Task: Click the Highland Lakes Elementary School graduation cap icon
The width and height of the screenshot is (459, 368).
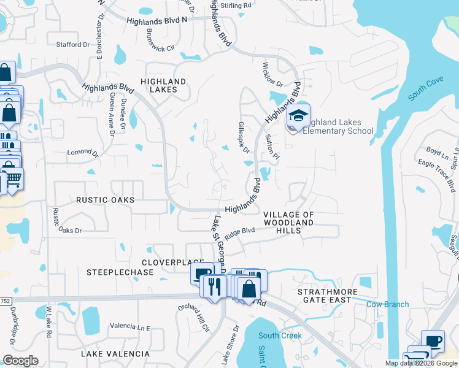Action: pos(298,116)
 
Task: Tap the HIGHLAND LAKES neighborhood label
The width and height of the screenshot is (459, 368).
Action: pos(163,85)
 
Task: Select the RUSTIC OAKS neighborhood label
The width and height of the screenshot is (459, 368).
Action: pos(105,200)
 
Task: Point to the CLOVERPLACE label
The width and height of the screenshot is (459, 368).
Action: pos(164,262)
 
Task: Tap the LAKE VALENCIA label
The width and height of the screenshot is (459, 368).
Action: pos(115,354)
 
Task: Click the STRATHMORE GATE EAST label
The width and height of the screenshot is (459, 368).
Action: pos(324,296)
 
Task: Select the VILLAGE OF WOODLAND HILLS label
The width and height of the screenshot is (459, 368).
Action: pos(288,223)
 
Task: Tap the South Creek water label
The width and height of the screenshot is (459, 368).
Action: pos(280,335)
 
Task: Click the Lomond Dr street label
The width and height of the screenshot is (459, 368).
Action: pos(82,151)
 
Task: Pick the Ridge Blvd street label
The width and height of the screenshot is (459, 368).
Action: pos(239,233)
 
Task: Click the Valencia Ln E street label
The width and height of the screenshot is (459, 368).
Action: pos(130,327)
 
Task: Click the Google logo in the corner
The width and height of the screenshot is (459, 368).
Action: pos(20,360)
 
